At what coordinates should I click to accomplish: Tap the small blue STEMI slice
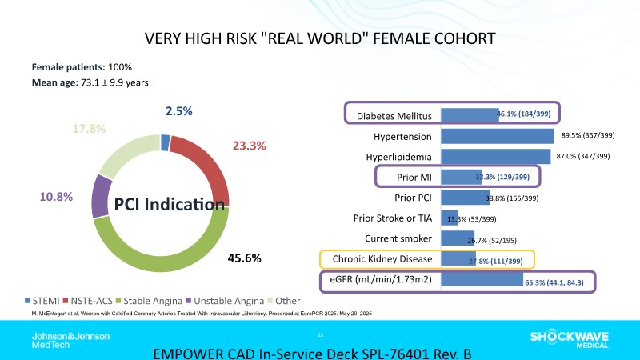[x=165, y=142]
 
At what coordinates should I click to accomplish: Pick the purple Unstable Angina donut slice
[x=100, y=194]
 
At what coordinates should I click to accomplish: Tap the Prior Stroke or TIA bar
[x=449, y=218]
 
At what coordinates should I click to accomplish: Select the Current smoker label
[x=398, y=238]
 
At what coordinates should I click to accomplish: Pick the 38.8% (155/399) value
[x=518, y=198]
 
